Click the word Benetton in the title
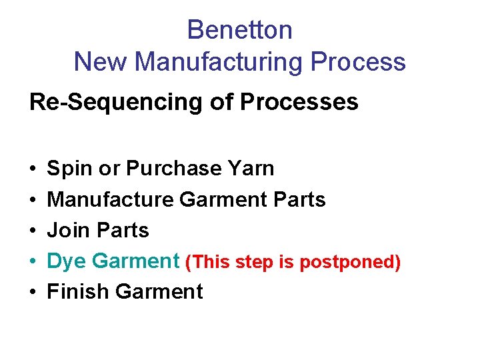click(x=239, y=30)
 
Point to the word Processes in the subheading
click(x=299, y=102)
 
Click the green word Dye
click(x=67, y=261)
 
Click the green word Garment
click(x=135, y=261)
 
